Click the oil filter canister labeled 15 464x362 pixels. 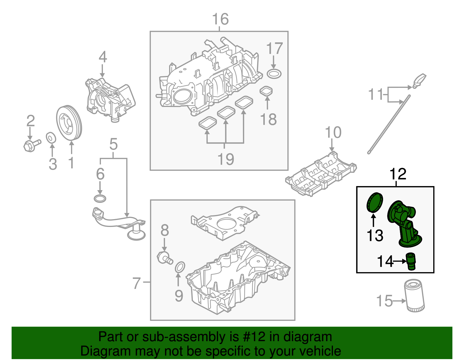(x=415, y=296)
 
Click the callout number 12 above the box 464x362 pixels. (x=398, y=174)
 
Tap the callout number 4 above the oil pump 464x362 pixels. (x=103, y=57)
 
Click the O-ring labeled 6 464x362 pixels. (x=100, y=199)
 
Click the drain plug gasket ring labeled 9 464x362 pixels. (x=180, y=267)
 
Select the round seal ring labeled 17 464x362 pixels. (x=274, y=74)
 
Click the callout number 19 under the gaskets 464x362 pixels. (x=226, y=159)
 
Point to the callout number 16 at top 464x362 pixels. (x=220, y=19)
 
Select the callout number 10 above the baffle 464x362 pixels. (x=333, y=132)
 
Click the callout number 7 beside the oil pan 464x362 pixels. (x=137, y=283)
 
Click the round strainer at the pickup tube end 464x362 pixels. (x=136, y=235)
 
